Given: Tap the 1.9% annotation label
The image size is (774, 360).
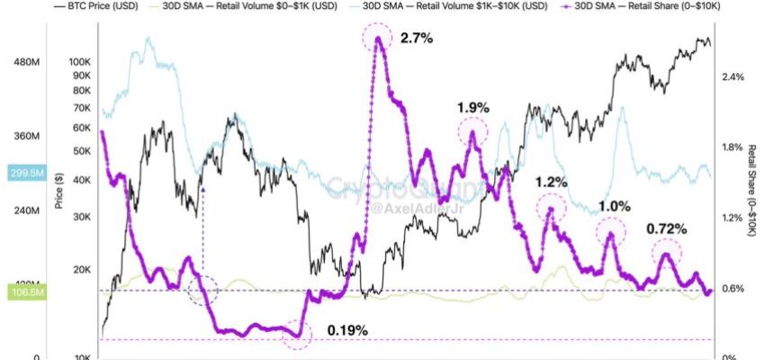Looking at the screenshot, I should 473,108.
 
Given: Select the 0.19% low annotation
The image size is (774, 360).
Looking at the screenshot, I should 347,330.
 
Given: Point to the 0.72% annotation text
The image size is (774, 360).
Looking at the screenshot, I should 667,229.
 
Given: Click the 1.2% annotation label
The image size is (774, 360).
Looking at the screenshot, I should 551,182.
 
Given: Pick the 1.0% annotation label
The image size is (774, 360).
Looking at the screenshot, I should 615,206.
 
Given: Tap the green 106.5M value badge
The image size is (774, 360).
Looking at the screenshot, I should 20,292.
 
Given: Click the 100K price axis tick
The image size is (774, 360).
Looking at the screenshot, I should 79,62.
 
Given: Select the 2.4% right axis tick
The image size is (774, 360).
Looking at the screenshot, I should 733,77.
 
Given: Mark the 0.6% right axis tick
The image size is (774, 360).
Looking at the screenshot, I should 733,288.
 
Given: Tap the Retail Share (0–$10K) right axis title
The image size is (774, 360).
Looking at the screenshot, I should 752,189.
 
